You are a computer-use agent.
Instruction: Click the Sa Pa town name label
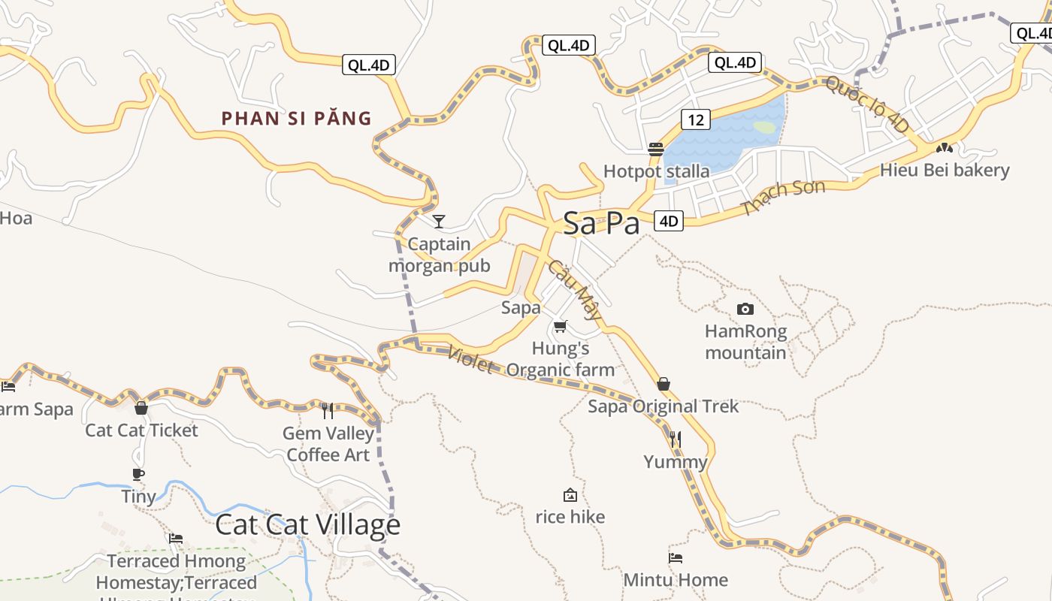(x=601, y=223)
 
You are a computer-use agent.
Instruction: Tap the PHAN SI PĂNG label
(x=297, y=118)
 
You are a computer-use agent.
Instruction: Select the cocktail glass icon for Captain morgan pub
(x=439, y=221)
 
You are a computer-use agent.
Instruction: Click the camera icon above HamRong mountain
(x=745, y=309)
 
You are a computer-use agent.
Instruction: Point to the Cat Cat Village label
(x=307, y=524)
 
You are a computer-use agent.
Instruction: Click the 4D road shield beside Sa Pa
(x=669, y=221)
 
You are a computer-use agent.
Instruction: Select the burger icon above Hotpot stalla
(x=656, y=149)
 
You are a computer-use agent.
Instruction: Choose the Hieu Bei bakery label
(x=945, y=170)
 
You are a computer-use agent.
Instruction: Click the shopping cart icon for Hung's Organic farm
(x=560, y=326)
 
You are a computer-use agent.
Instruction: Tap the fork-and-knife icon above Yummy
(x=676, y=439)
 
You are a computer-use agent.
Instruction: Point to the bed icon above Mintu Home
(x=676, y=557)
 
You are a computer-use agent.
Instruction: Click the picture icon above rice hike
(x=570, y=495)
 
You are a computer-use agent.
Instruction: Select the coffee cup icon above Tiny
(x=138, y=474)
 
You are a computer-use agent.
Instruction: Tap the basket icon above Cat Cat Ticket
(x=141, y=408)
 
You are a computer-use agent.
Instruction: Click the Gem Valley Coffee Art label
(x=328, y=444)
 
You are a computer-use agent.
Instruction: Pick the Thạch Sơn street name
(x=783, y=197)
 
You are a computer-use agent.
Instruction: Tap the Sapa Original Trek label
(x=664, y=406)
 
